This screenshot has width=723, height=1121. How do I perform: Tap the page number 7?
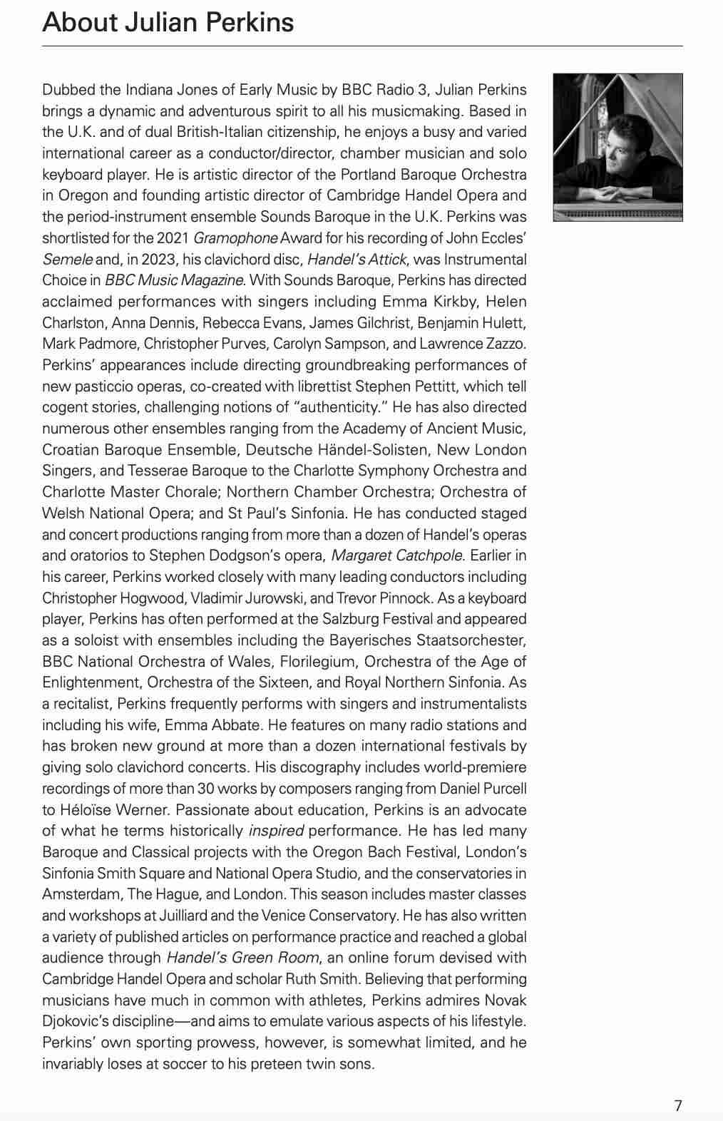(678, 1105)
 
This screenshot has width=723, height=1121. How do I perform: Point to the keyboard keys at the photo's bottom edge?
(617, 214)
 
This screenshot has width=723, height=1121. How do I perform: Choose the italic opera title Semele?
(67, 260)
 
